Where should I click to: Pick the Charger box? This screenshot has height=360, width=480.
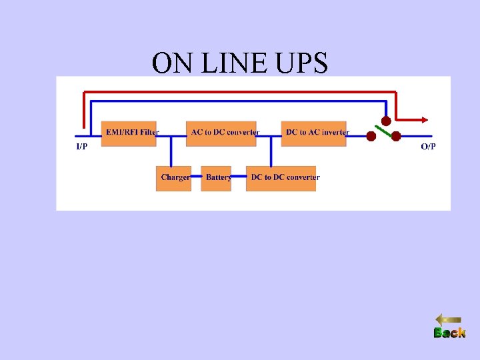click(173, 178)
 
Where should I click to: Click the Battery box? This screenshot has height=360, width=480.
click(216, 178)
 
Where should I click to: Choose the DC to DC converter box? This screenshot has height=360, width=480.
click(281, 178)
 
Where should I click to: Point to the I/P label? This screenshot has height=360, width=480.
click(81, 146)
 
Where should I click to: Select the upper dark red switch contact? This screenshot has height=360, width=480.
click(385, 121)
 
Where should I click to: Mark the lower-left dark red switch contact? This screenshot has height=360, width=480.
click(371, 136)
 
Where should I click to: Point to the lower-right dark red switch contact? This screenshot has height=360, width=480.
click(395, 136)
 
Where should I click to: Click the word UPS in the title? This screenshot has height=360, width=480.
click(298, 63)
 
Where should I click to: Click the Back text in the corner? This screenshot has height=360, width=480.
click(449, 333)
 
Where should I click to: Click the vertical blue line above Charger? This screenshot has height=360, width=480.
click(171, 150)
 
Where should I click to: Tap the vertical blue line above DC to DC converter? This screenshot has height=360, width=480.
click(271, 150)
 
